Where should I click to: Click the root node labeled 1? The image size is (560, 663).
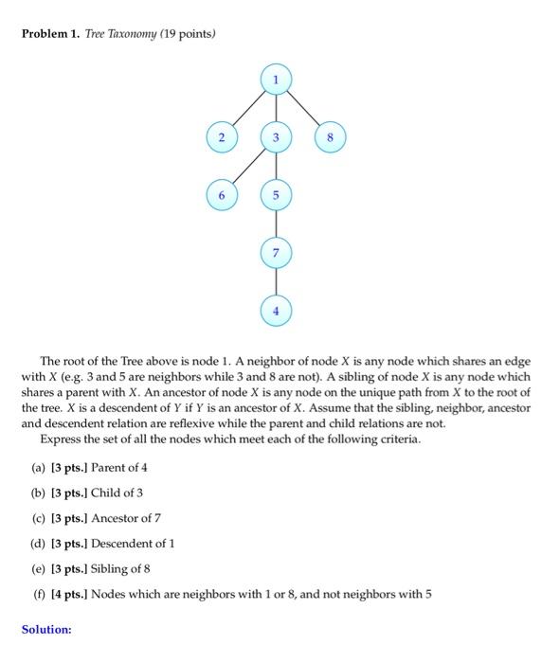click(x=276, y=81)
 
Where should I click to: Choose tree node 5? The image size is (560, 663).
click(x=276, y=195)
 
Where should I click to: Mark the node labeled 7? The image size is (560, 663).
click(x=276, y=253)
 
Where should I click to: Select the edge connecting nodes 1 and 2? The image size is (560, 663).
click(x=248, y=109)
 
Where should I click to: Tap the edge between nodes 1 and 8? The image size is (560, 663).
click(x=304, y=109)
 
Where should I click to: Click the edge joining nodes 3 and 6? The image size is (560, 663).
click(x=248, y=166)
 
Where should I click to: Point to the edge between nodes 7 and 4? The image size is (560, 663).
click(x=276, y=281)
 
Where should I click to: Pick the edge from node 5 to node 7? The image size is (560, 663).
click(x=276, y=224)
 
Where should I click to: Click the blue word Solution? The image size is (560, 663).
click(x=46, y=629)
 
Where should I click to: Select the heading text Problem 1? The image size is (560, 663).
click(x=49, y=34)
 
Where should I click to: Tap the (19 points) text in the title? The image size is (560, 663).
click(x=189, y=34)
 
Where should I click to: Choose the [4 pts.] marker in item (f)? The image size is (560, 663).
click(x=72, y=595)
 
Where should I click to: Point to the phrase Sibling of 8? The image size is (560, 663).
click(x=121, y=569)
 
